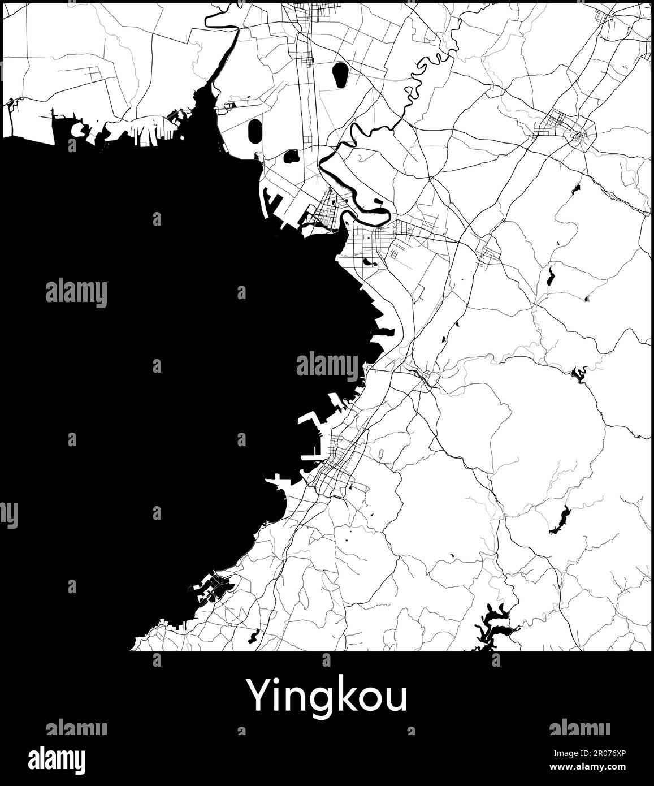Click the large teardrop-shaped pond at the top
[x=340, y=75]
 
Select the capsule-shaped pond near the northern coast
[x=254, y=131]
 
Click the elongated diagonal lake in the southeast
[x=560, y=521]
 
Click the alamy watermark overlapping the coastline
[x=328, y=365]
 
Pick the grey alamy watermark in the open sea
[x=76, y=293]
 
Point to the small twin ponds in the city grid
[x=370, y=262]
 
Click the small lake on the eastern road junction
[x=578, y=373]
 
